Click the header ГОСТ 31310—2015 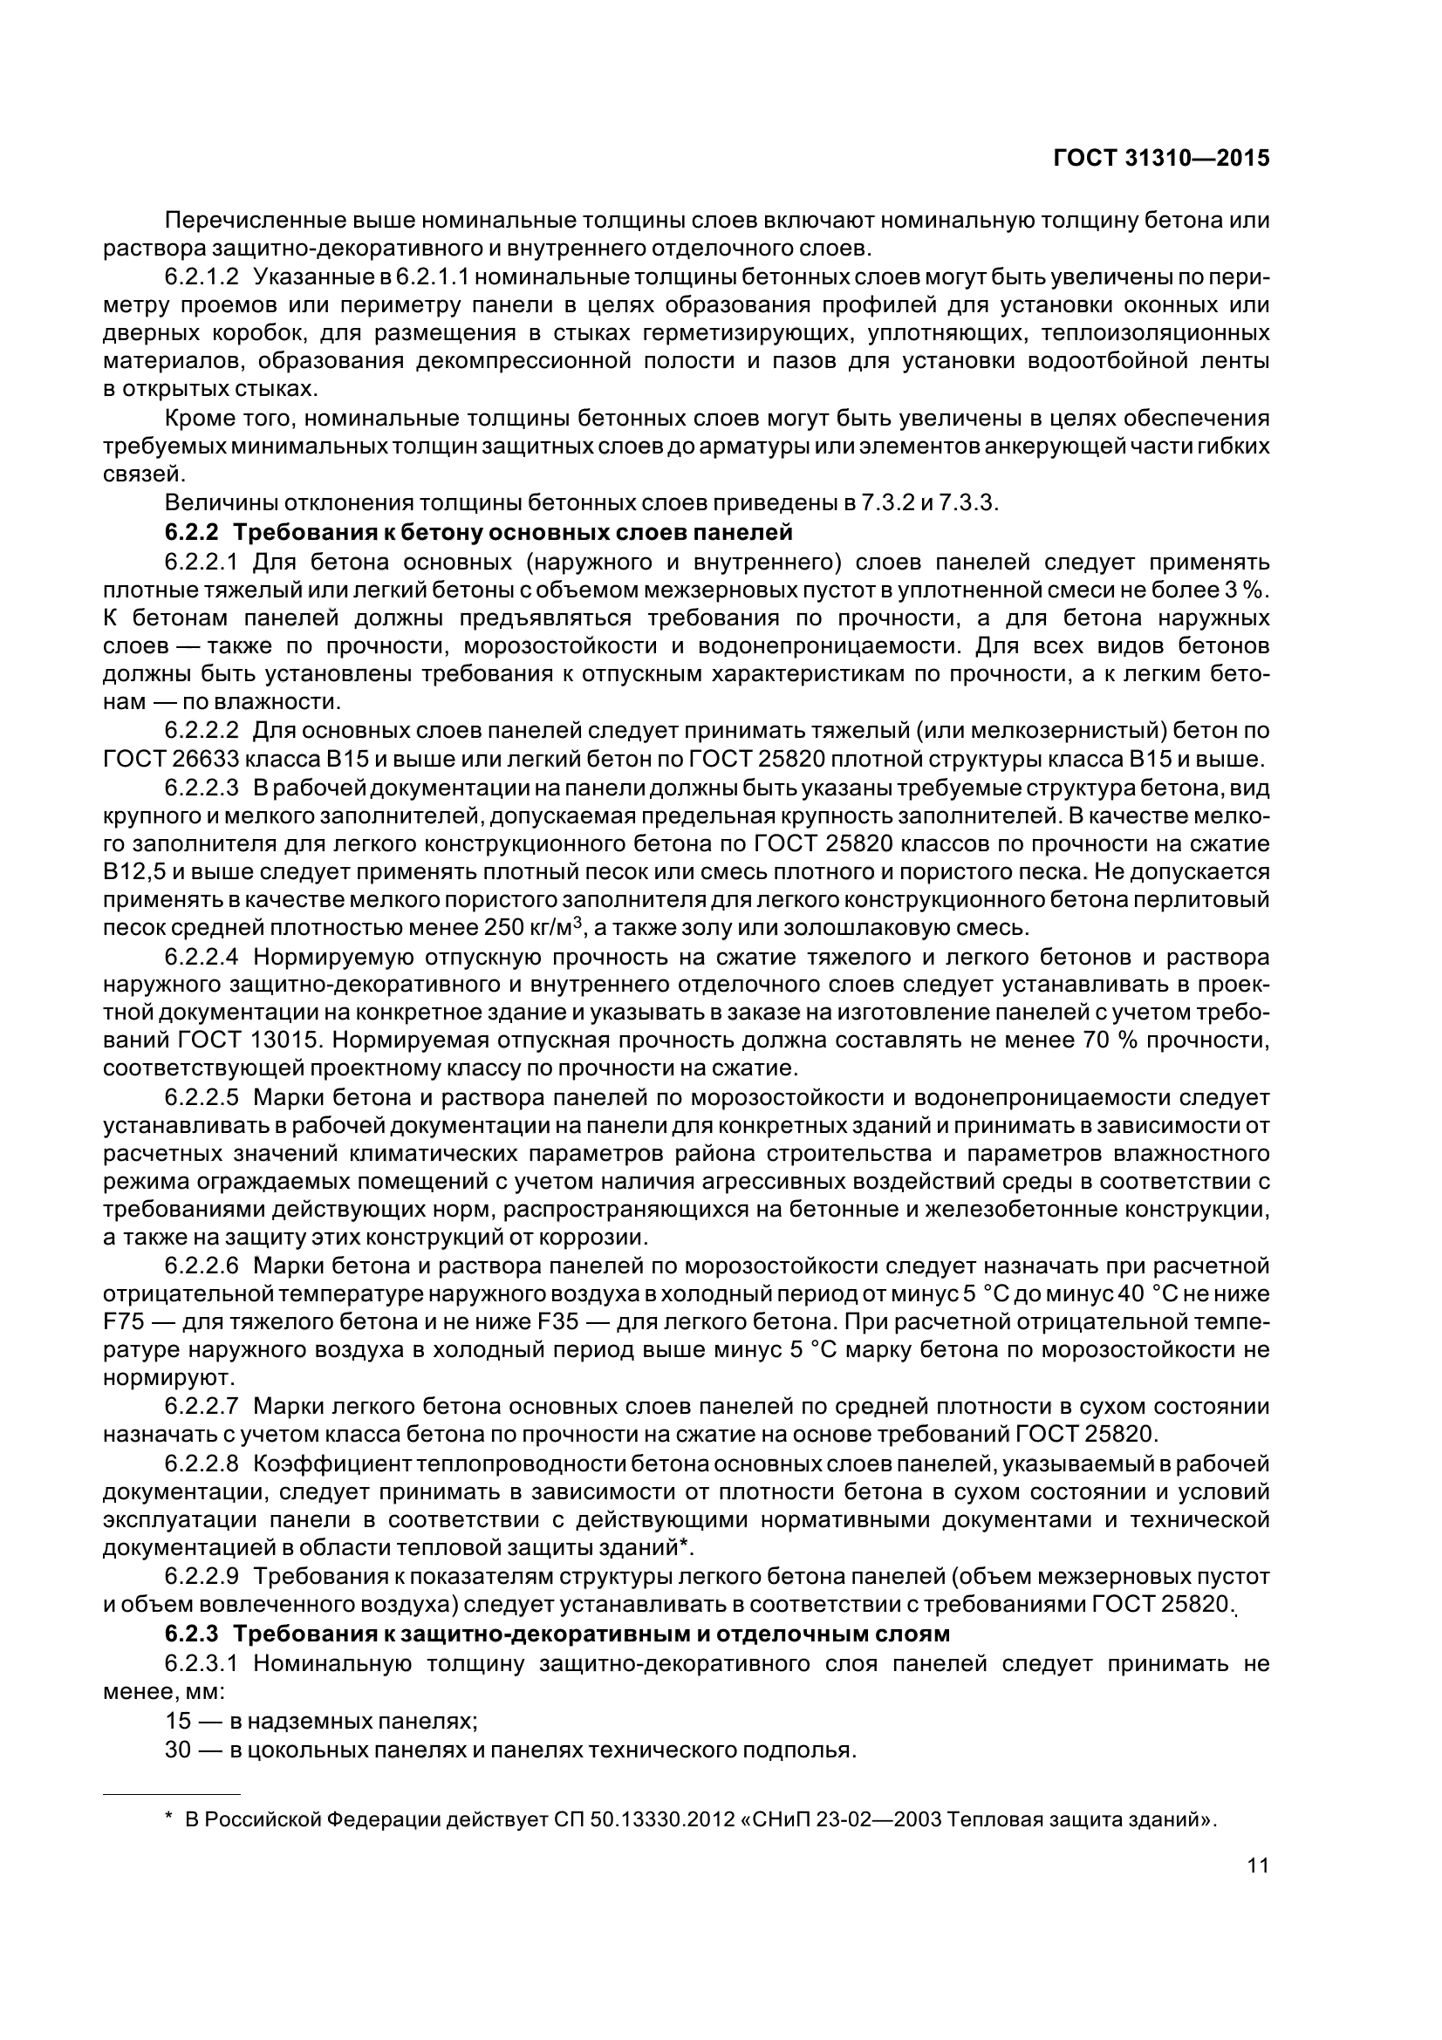pos(1160,158)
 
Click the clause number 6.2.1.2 pos(202,276)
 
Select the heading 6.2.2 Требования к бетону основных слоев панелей pos(478,533)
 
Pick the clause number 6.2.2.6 pos(202,1266)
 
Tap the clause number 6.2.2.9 pos(202,1577)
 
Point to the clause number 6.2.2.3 pos(202,788)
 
